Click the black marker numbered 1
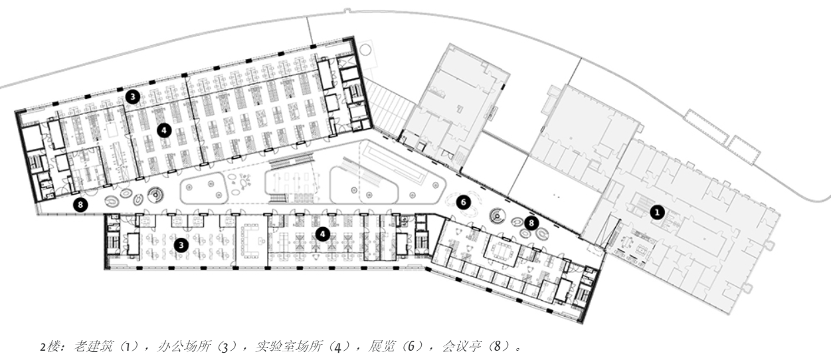pos(657,212)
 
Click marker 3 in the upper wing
pos(132,97)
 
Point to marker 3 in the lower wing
pos(179,244)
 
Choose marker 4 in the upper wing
pos(163,130)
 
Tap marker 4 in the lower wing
pos(322,234)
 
